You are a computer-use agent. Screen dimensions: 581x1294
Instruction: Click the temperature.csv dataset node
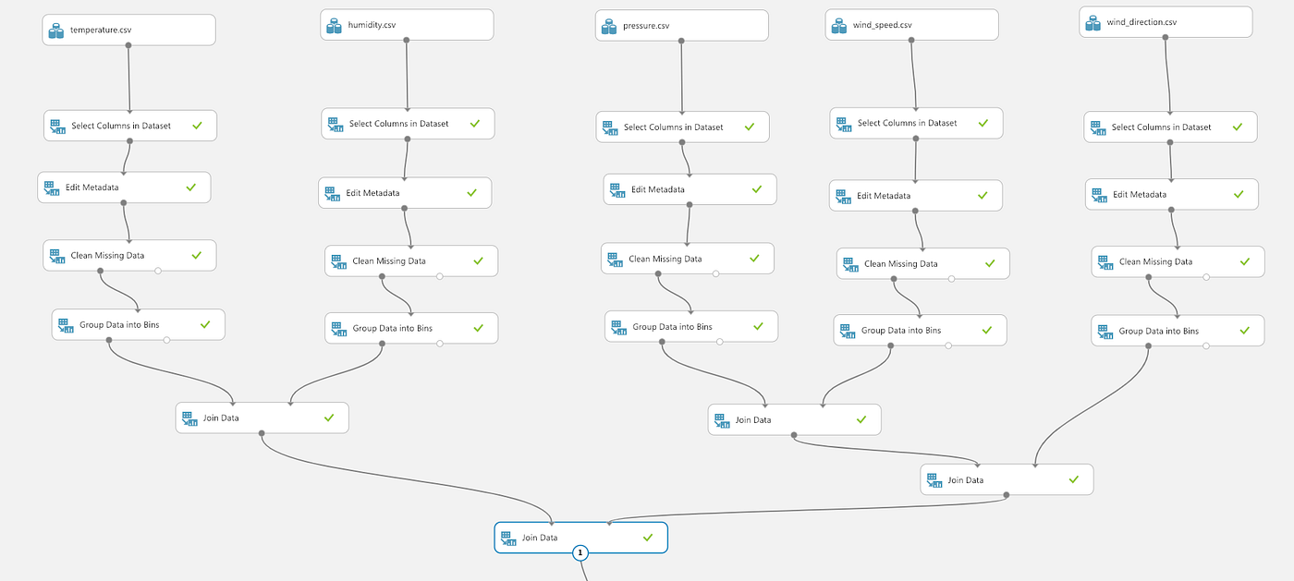[x=129, y=30]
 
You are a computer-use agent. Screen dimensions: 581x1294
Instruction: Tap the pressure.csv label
[x=646, y=26]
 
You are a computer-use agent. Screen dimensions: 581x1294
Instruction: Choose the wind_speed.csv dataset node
[x=911, y=26]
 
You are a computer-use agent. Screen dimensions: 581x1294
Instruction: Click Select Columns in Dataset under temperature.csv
[x=129, y=126]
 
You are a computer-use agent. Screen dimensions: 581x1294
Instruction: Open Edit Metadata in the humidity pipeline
[x=405, y=193]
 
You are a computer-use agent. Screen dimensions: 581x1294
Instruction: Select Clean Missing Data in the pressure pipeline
[x=687, y=259]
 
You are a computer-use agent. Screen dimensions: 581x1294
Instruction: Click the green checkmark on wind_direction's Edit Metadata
[x=1239, y=194]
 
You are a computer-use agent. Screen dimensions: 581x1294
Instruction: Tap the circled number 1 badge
[x=580, y=553]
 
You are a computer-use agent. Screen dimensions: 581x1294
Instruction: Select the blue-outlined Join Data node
[x=580, y=537]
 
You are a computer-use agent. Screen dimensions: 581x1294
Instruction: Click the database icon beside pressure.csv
[x=607, y=27]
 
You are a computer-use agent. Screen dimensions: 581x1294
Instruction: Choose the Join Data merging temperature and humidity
[x=262, y=418]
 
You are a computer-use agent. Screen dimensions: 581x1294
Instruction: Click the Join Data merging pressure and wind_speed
[x=794, y=419]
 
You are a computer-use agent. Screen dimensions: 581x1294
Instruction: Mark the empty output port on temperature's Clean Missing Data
[x=158, y=271]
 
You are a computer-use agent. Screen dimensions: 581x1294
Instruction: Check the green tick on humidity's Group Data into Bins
[x=478, y=328]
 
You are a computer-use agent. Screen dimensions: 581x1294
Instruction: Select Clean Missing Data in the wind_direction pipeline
[x=1177, y=261]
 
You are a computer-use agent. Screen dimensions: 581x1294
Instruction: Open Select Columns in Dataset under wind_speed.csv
[x=915, y=123]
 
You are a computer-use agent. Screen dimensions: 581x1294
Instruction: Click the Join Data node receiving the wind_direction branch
[x=1007, y=479]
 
